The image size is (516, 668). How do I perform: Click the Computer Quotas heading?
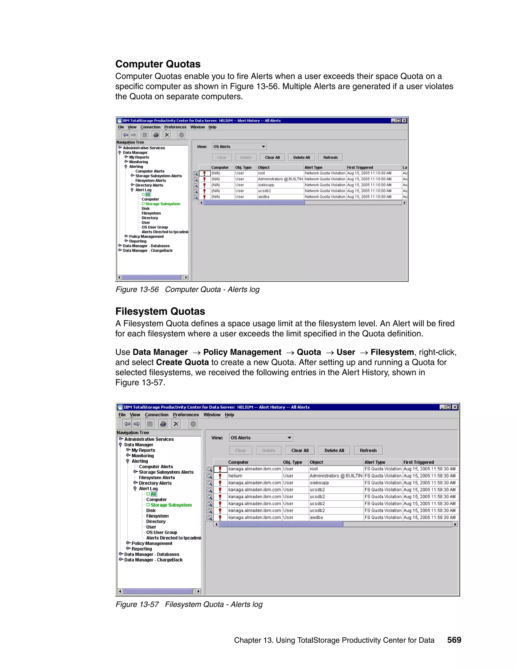pos(158,64)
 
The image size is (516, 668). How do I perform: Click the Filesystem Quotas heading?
pos(160,311)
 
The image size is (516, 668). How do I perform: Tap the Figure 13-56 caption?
pos(187,289)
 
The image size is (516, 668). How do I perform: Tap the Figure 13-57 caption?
pos(189,604)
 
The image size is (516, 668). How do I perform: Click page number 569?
pos(454,640)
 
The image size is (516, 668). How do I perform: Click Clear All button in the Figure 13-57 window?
pos(300,450)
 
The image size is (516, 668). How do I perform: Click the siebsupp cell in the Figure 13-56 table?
pos(266,185)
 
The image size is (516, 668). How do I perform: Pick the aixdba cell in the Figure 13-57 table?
pos(316,518)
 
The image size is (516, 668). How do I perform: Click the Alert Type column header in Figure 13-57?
pos(375,462)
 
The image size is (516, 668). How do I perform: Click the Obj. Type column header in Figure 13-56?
pos(243,167)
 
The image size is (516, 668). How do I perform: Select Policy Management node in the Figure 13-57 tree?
pos(152,543)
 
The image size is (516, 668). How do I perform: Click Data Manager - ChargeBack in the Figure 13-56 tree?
pos(147,251)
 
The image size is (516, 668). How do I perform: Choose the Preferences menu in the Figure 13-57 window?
pos(185,415)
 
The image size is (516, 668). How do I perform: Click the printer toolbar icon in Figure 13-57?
pos(163,424)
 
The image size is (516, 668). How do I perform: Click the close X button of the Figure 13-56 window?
pos(404,120)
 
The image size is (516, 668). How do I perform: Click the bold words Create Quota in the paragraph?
pos(182,362)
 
